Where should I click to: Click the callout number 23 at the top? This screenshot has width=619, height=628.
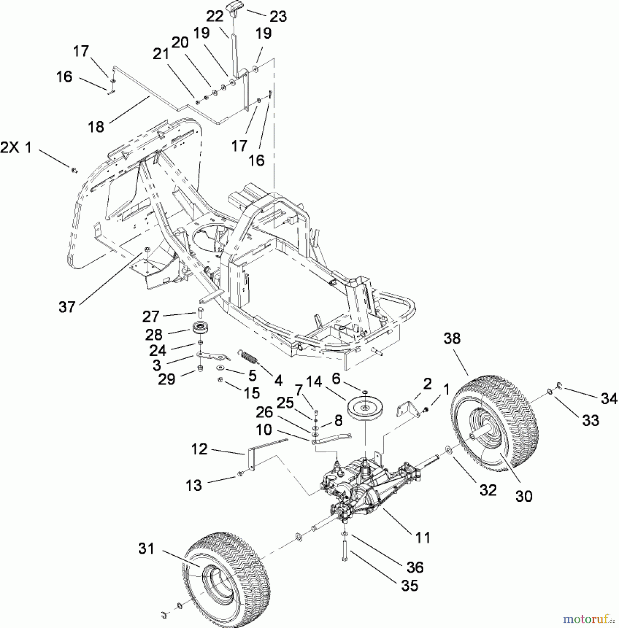tap(278, 16)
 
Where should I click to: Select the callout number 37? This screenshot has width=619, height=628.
tap(67, 307)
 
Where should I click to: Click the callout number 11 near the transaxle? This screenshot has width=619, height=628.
tap(423, 538)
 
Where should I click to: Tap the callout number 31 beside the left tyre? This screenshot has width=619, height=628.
tap(146, 549)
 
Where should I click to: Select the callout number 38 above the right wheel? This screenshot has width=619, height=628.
tap(452, 338)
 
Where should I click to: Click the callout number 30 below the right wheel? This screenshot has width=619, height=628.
tap(524, 495)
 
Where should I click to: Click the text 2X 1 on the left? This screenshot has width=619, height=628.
tap(16, 148)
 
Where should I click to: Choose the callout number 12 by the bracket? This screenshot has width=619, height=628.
tap(199, 449)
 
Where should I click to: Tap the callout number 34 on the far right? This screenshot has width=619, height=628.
tap(609, 398)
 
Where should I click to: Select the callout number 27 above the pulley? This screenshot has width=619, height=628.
tap(151, 317)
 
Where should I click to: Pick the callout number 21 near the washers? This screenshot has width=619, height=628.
tap(161, 54)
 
